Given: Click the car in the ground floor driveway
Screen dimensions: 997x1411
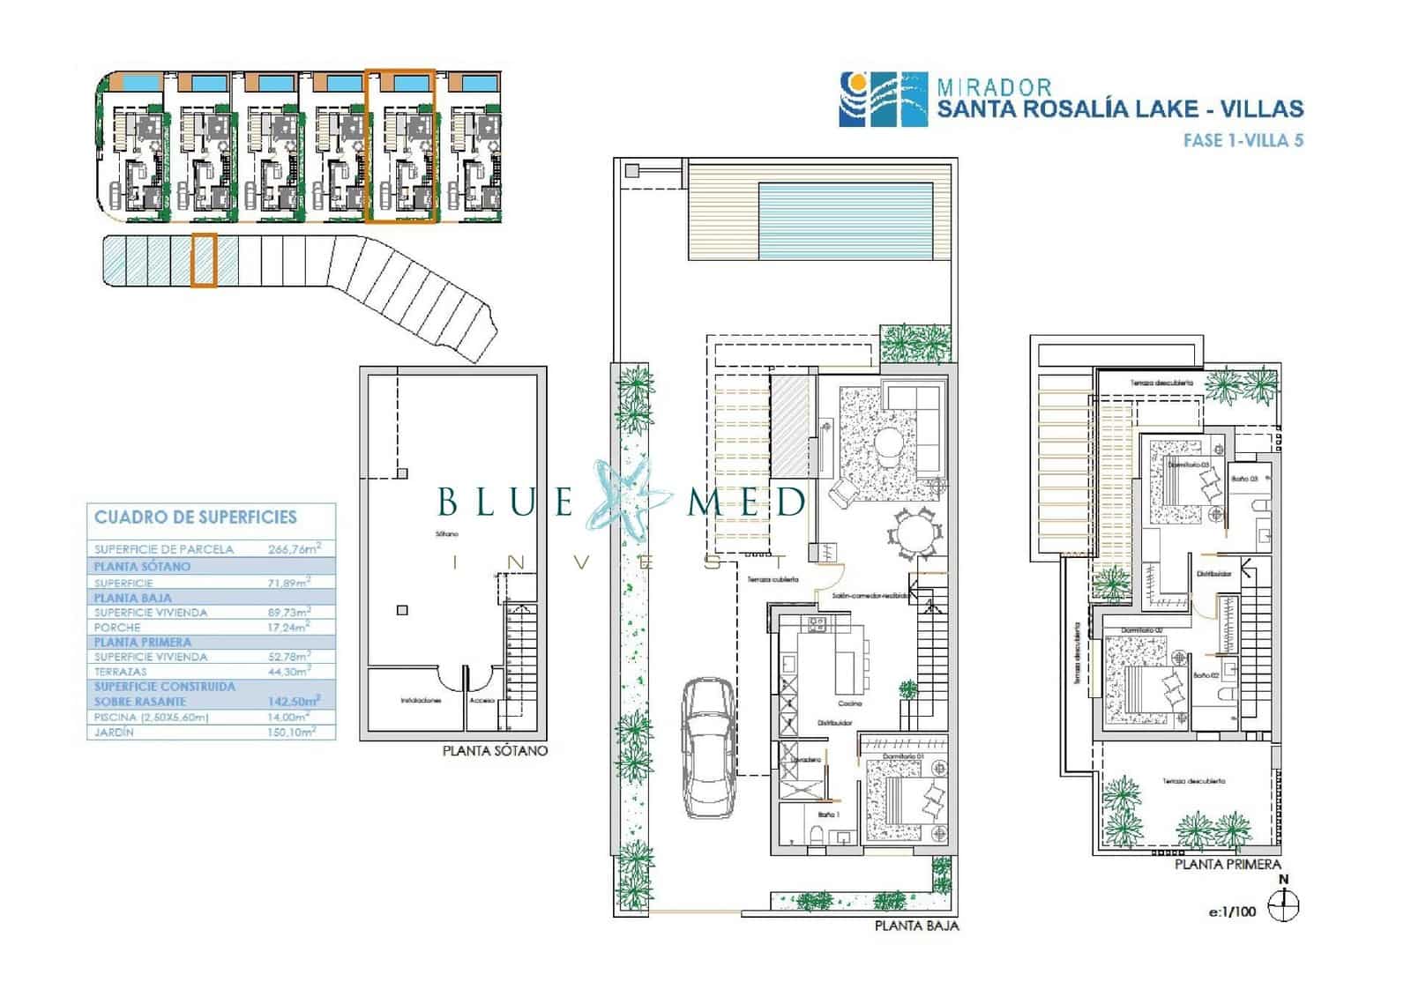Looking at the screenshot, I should tap(709, 748).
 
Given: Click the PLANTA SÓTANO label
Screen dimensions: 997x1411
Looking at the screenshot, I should tap(495, 751).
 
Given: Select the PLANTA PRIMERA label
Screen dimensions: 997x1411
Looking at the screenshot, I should tap(1228, 865).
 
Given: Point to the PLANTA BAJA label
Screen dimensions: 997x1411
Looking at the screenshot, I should tap(916, 926).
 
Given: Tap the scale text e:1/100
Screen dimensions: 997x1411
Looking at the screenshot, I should tap(1232, 911).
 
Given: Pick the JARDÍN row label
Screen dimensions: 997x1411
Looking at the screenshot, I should tap(114, 732).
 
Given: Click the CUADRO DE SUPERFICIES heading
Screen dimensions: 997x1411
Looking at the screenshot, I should tap(196, 517).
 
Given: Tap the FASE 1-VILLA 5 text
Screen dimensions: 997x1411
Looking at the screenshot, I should tap(1243, 140).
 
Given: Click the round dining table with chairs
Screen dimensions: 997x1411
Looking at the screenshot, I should tap(910, 534).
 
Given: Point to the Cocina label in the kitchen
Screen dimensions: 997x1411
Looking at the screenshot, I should tap(850, 703).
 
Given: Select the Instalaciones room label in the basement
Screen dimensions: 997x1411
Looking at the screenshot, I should tap(421, 701).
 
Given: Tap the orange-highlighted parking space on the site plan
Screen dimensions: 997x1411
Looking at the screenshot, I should tap(204, 259).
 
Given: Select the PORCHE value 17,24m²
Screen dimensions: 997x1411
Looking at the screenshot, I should tap(288, 627).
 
